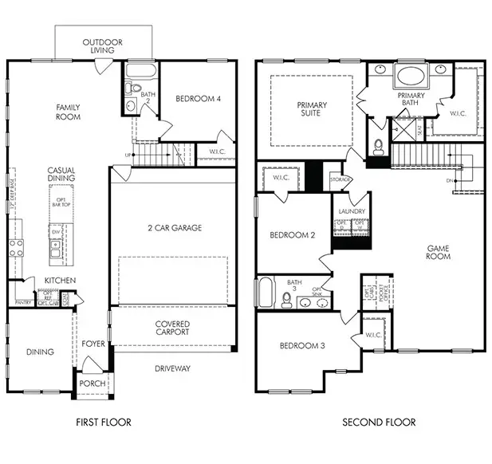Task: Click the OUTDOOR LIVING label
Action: pyautogui.click(x=102, y=45)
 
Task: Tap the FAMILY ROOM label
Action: pyautogui.click(x=69, y=112)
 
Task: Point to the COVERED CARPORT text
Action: pyautogui.click(x=171, y=327)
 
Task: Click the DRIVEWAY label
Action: pyautogui.click(x=172, y=368)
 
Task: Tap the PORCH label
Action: pyautogui.click(x=92, y=383)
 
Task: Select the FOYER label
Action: pyautogui.click(x=93, y=344)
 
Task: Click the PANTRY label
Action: pyautogui.click(x=22, y=303)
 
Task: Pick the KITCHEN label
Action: pyautogui.click(x=60, y=281)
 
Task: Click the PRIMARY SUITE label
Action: pyautogui.click(x=312, y=110)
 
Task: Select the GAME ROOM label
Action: pyautogui.click(x=438, y=252)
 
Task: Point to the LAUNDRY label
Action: pyautogui.click(x=352, y=211)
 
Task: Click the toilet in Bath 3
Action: pyautogui.click(x=287, y=299)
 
